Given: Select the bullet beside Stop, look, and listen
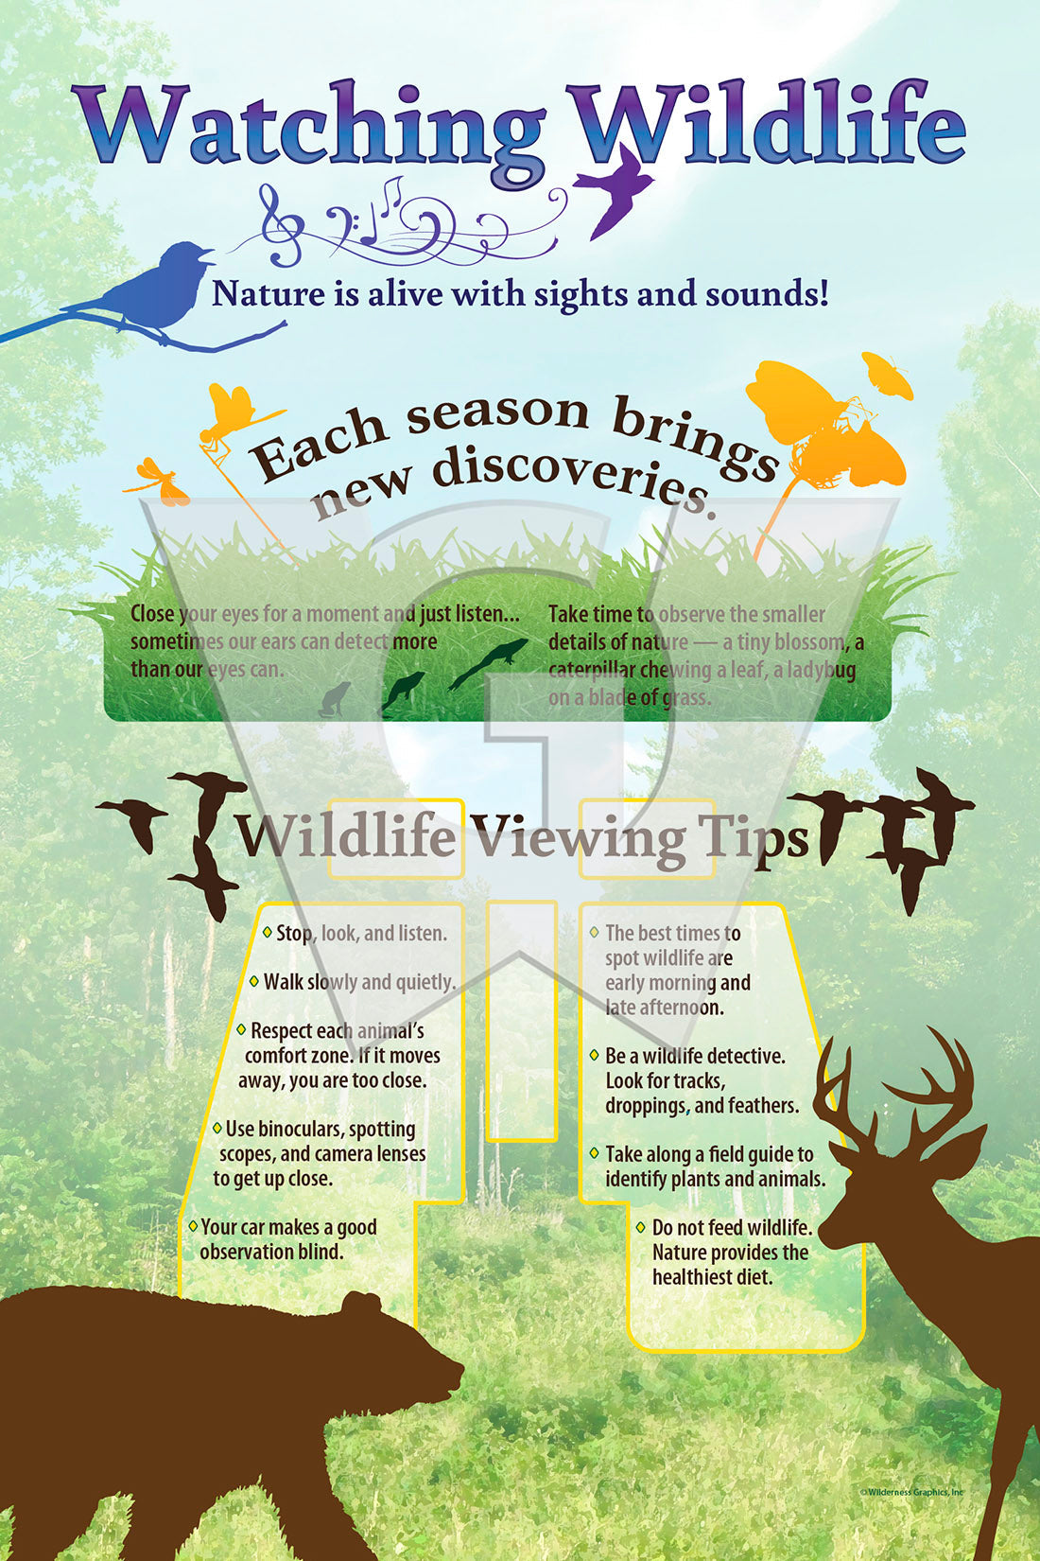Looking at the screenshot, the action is coord(267,931).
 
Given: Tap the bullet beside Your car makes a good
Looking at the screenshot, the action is coord(193,1225).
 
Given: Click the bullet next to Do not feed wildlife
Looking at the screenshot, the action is coord(640,1226).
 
